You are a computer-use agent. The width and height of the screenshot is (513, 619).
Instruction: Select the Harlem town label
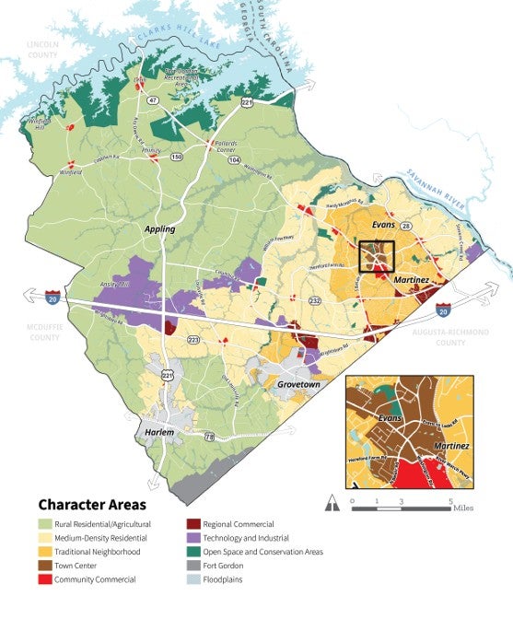click(158, 432)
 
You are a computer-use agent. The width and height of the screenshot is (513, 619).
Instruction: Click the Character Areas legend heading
click(91, 505)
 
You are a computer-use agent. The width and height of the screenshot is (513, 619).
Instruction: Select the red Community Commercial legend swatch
click(45, 578)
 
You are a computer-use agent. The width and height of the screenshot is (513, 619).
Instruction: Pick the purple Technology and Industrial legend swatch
click(192, 537)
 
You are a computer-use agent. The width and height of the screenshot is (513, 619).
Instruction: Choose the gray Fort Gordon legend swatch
click(192, 565)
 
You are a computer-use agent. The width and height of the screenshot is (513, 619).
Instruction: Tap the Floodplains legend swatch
click(192, 578)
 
